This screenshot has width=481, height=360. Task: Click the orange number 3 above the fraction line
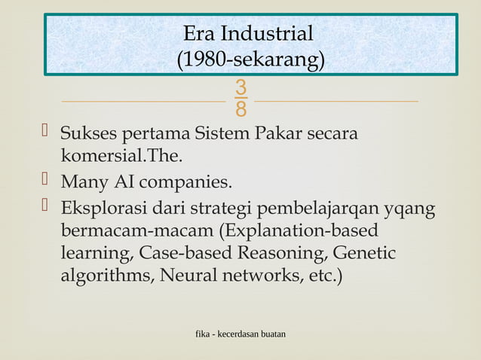pyautogui.click(x=240, y=88)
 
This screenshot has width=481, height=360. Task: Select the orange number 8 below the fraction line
pyautogui.click(x=240, y=110)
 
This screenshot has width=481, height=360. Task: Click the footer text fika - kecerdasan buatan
pyautogui.click(x=240, y=332)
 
